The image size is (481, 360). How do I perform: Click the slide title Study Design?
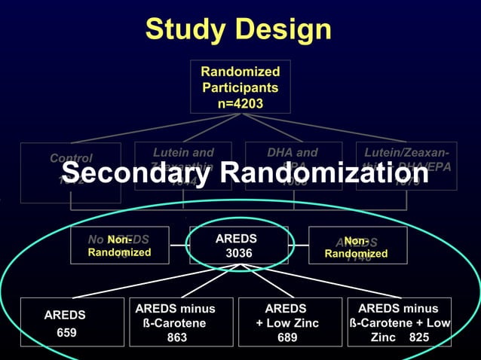(238, 29)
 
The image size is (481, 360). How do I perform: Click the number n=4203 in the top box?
(240, 103)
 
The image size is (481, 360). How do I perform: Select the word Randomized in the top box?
(240, 72)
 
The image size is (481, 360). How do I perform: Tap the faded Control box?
(70, 172)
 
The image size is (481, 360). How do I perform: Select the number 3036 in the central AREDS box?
(239, 254)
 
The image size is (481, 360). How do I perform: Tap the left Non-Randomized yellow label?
(119, 246)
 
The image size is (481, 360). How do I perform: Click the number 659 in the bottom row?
(66, 332)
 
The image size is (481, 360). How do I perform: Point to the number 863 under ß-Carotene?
(176, 337)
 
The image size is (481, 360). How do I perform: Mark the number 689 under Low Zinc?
(286, 337)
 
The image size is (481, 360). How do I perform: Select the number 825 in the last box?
(419, 337)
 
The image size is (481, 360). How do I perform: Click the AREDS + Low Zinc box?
(286, 322)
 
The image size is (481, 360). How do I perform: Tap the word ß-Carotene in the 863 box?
(175, 323)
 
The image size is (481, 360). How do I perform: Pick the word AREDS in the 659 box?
(65, 315)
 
